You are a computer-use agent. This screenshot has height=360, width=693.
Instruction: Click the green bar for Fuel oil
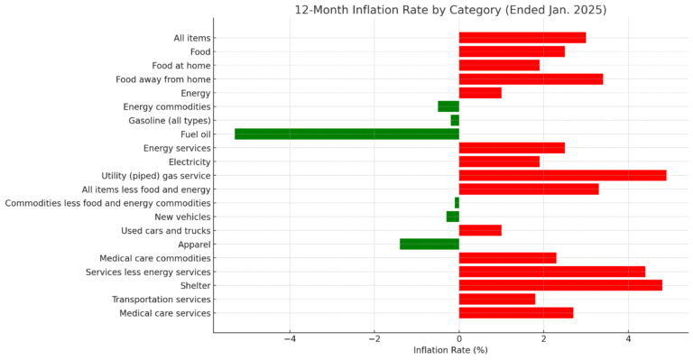[x=346, y=134]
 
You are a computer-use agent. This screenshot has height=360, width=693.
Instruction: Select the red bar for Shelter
[x=560, y=285]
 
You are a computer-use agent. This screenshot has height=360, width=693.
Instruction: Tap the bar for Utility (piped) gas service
[x=562, y=175]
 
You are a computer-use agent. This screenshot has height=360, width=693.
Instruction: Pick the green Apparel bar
[x=430, y=244]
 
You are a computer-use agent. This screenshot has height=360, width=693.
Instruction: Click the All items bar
[x=522, y=38]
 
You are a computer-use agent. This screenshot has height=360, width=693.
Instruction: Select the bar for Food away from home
[x=531, y=79]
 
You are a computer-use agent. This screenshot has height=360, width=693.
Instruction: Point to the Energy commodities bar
[x=448, y=106]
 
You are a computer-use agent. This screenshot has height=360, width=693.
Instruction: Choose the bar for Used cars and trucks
[x=480, y=230]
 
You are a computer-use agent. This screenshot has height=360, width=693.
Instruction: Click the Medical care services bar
[x=516, y=313]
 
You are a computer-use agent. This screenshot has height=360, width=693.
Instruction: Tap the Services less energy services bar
[x=552, y=272]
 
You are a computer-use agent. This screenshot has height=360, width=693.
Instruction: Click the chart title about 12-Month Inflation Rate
[x=450, y=10]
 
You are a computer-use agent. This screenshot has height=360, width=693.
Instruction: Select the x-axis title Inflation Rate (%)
[x=450, y=350]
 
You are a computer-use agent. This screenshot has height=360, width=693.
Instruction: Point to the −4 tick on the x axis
[x=290, y=339]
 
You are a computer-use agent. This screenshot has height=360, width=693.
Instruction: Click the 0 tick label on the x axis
[x=459, y=339]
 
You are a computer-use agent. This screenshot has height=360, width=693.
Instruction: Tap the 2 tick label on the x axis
[x=543, y=339]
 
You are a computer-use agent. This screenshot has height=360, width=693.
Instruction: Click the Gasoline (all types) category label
[x=170, y=120]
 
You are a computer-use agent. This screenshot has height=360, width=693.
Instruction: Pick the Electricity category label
[x=189, y=162]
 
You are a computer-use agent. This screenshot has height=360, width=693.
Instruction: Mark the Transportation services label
[x=161, y=300]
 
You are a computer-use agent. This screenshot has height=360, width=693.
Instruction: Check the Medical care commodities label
[x=155, y=258]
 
